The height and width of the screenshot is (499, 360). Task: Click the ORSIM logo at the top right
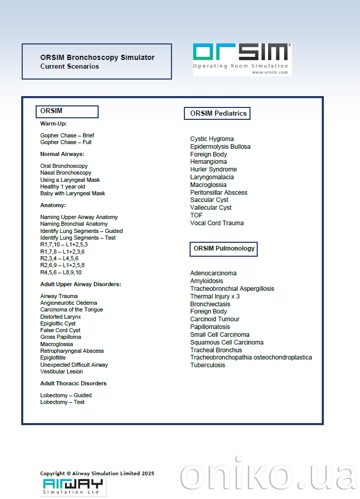coord(242,59)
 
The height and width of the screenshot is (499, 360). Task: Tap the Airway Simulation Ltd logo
coord(73,487)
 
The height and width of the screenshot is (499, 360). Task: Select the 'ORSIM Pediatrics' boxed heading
coord(217,113)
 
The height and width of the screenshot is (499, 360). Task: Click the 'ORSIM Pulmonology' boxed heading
coord(224,248)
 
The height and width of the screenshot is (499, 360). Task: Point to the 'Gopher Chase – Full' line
coord(66,142)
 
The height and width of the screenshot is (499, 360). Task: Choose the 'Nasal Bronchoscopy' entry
coord(66,173)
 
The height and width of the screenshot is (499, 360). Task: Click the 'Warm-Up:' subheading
coord(53,123)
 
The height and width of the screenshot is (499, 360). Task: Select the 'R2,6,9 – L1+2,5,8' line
coord(62,265)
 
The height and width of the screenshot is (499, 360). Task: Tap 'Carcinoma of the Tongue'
coord(71,309)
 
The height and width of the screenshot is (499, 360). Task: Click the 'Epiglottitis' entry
coord(53,357)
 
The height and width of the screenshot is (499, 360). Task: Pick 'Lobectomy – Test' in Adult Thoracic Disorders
coord(62,402)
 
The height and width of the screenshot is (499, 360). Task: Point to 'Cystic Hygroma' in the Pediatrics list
coord(212,139)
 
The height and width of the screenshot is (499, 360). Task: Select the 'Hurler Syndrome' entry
coord(213,169)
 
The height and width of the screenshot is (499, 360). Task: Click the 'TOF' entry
coord(196,215)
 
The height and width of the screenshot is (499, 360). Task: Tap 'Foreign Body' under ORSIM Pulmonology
coord(208,311)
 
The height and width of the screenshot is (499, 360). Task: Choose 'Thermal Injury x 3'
coord(215,297)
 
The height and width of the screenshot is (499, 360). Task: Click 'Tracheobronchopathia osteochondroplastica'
coord(251,357)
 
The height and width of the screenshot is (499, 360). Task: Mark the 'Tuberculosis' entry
coord(208,365)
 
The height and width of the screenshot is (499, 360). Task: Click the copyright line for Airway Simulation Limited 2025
coord(97,473)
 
